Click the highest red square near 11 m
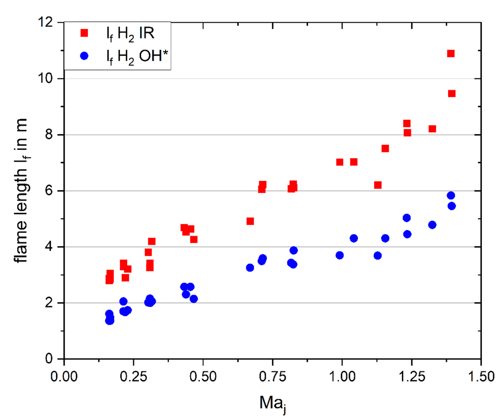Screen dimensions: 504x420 [451, 53]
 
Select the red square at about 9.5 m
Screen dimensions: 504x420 [451, 93]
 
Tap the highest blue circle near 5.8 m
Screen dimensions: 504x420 [451, 196]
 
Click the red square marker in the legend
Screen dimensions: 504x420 [84, 33]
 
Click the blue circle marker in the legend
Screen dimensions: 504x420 [84, 56]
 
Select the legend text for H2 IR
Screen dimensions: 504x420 [130, 34]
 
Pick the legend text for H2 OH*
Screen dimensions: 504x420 [137, 57]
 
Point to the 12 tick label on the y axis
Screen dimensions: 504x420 [45, 22]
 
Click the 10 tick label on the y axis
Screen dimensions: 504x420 [45, 78]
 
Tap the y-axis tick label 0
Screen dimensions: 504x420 [49, 359]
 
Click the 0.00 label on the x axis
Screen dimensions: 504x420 [64, 377]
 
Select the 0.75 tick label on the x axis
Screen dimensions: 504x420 [273, 377]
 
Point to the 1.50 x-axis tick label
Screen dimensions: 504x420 [481, 377]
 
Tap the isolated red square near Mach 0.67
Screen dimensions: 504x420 [250, 221]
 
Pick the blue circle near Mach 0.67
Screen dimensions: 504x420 [250, 268]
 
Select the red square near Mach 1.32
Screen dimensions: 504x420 [432, 129]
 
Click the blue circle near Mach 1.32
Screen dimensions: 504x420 [432, 225]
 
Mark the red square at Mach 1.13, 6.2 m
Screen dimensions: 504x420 [378, 185]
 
